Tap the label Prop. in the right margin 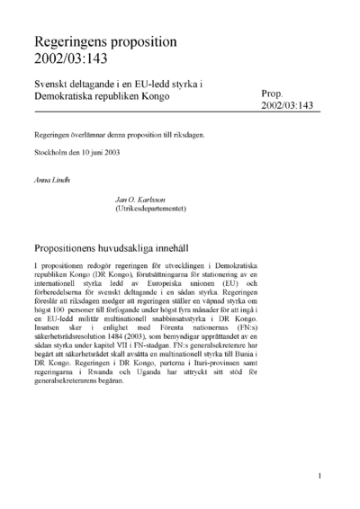point(273,93)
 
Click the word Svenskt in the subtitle point(53,84)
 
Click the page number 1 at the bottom point(319,476)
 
